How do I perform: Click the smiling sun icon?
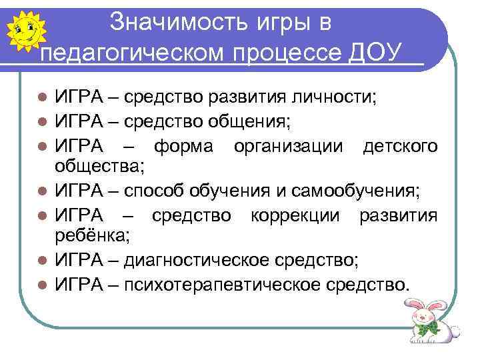[25, 29]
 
